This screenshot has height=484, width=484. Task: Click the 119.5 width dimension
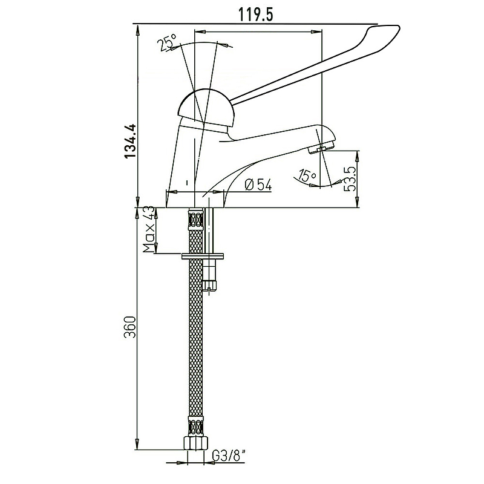point(256,14)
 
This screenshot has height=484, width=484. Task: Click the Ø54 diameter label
point(258,185)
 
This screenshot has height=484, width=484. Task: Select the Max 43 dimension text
point(149,229)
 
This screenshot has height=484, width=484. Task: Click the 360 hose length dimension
point(130,327)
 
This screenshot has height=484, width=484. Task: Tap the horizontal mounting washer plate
point(203,256)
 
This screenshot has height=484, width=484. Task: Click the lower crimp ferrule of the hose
point(195,426)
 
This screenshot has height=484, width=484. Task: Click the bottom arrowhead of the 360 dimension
point(137,445)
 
